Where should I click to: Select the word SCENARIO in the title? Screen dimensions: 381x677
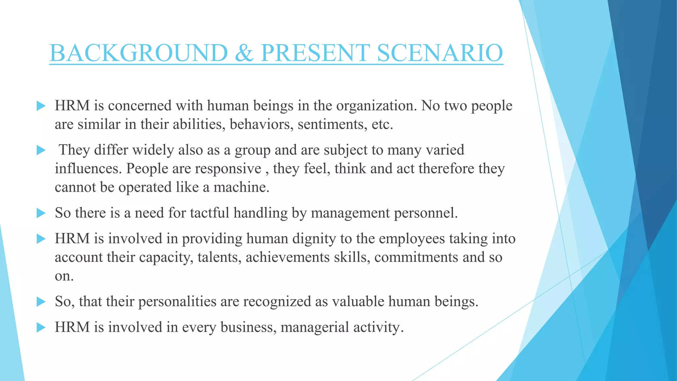point(440,53)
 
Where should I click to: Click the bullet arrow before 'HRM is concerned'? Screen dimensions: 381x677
point(41,106)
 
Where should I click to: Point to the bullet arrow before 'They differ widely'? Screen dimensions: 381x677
point(41,150)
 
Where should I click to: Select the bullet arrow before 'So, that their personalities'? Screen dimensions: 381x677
point(41,302)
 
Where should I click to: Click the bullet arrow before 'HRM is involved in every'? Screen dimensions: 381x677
point(41,327)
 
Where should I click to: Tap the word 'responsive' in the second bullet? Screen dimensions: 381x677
point(228,169)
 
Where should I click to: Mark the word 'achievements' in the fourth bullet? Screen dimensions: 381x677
point(287,257)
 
